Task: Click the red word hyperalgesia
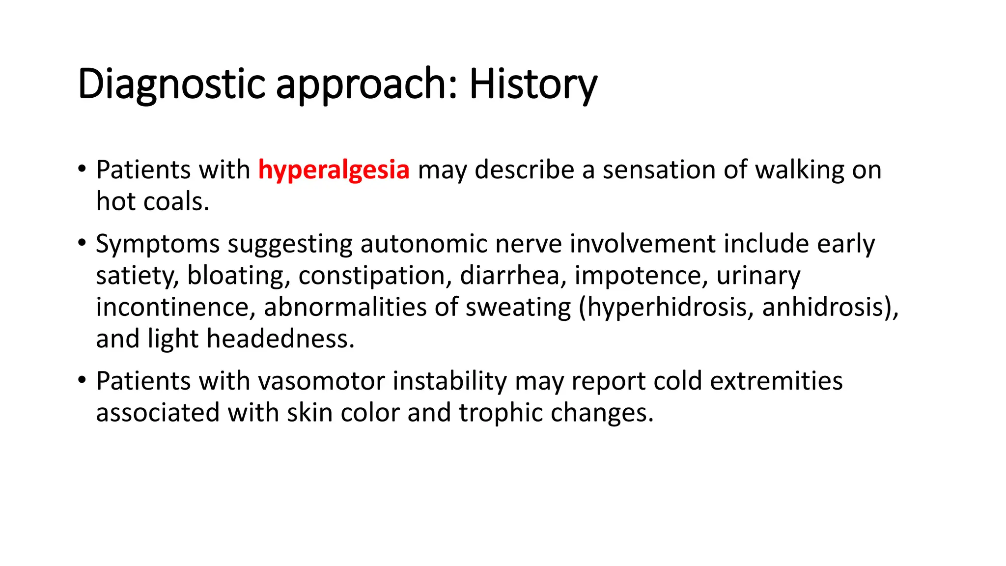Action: click(334, 170)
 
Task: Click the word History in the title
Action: click(533, 85)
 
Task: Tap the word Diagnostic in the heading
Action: click(171, 85)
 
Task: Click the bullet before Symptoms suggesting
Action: click(82, 243)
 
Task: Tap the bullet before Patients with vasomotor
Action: click(82, 380)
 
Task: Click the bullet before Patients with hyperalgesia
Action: click(82, 170)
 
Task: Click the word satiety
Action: click(137, 276)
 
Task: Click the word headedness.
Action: click(280, 339)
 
